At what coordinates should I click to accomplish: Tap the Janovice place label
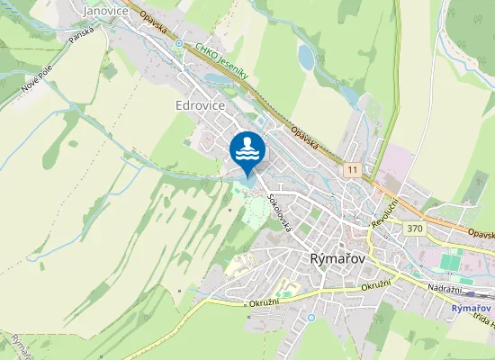[104, 10]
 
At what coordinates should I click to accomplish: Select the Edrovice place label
[200, 105]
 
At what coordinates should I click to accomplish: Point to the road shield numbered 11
[351, 168]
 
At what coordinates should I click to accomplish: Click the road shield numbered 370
[414, 229]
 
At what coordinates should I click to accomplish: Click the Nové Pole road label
[36, 85]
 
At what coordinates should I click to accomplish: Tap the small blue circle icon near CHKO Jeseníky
[179, 43]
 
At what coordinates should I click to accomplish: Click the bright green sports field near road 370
[450, 263]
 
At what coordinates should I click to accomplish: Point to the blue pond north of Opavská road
[306, 58]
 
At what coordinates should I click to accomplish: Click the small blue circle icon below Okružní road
[310, 317]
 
